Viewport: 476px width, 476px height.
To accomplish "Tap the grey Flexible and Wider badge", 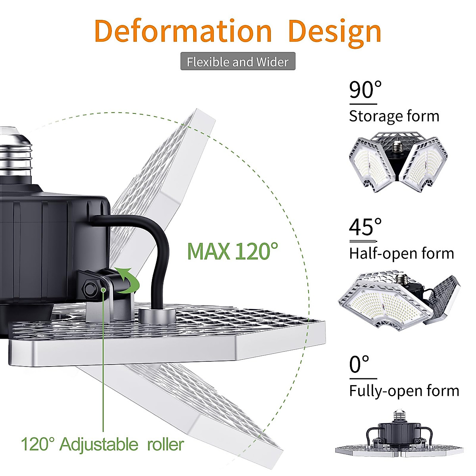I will pyautogui.click(x=238, y=61).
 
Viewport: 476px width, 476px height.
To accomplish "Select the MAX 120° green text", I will pyautogui.click(x=232, y=251).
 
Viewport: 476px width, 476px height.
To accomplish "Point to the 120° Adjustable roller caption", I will pyautogui.click(x=102, y=444).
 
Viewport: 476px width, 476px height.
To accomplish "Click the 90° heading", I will pyautogui.click(x=365, y=90).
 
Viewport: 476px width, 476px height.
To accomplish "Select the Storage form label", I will pyautogui.click(x=394, y=116).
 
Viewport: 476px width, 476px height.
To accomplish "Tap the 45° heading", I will pyautogui.click(x=365, y=227).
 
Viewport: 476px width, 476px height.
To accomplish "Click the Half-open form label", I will pyautogui.click(x=401, y=253).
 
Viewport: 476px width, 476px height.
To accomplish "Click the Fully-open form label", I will pyautogui.click(x=404, y=391).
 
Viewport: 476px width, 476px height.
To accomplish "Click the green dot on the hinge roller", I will pyautogui.click(x=104, y=290).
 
